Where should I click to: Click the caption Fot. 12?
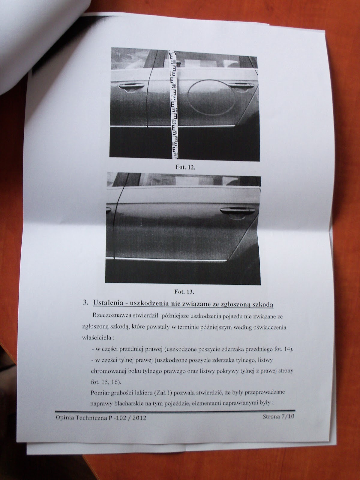pos(185,167)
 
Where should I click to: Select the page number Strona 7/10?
pos(278,416)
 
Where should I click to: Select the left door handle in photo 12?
pos(131,87)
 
